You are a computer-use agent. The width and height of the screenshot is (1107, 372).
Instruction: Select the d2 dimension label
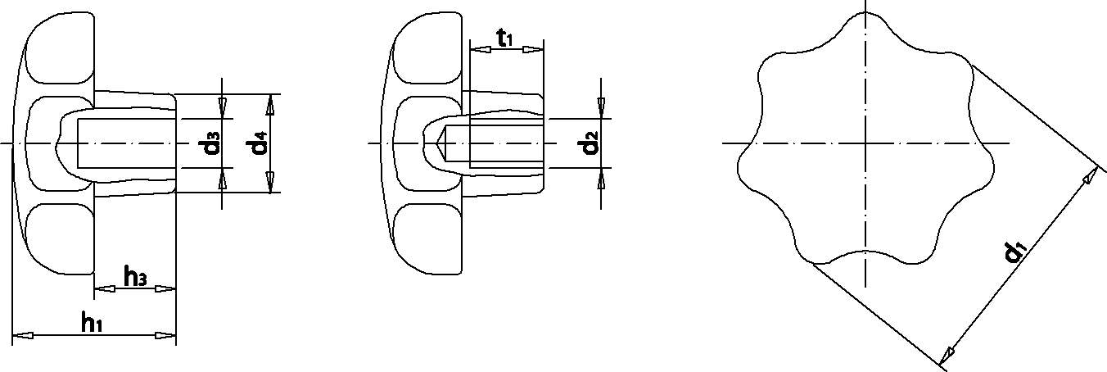point(585,144)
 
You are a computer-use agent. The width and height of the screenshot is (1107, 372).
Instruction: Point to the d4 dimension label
point(260,144)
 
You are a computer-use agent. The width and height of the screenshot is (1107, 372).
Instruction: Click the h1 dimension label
point(92,323)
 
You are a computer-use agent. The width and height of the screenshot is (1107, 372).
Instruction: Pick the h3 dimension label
point(135,277)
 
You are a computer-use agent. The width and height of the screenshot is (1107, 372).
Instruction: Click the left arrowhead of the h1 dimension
point(23,335)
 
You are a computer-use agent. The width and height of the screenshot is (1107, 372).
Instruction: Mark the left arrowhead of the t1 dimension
point(481,49)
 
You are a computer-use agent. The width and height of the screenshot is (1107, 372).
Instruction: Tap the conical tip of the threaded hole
point(441,144)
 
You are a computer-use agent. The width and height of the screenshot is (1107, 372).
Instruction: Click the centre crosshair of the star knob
point(865,144)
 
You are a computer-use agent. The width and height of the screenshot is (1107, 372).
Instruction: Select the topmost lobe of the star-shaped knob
point(865,28)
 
